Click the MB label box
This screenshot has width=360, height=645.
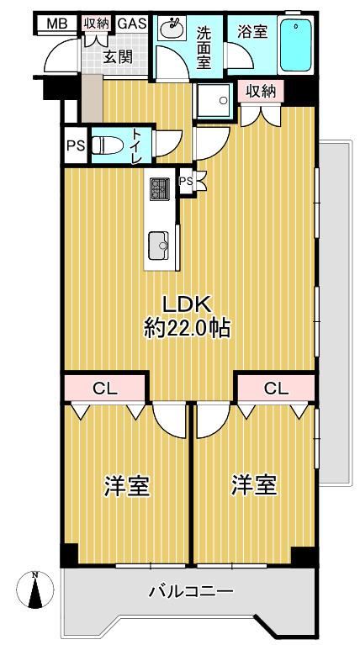pos(57,24)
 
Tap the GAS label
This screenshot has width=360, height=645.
pos(132,23)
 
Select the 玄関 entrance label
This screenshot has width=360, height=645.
pos(118,57)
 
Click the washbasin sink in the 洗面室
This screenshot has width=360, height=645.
pos(172,28)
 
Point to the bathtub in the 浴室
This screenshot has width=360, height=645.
pos(296,45)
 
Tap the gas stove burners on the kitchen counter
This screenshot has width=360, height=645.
pos(160,189)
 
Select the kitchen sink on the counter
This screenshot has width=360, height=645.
pos(158,246)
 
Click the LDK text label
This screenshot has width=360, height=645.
pos(188,305)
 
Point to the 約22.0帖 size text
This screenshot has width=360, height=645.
pos(187,329)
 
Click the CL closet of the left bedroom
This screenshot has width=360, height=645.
pos(105,388)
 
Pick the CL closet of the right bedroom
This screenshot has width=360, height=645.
pos(276,388)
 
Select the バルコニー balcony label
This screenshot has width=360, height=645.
pos(189,592)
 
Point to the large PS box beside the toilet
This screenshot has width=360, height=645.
pos(76,145)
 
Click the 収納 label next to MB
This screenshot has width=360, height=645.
pos(96,24)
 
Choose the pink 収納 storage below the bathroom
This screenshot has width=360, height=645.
pos(262,92)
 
